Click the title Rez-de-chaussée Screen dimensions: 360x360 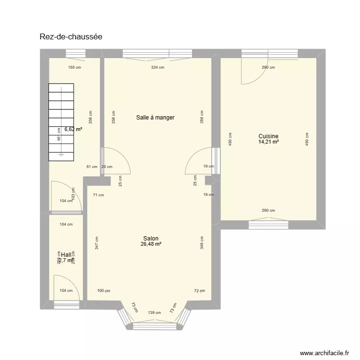click(x=71, y=36)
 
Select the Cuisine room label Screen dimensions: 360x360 click(x=268, y=136)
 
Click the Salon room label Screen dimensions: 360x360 click(x=151, y=239)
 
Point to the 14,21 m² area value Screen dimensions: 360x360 click(x=269, y=142)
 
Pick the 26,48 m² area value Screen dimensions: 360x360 click(x=151, y=244)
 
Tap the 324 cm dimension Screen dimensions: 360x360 click(x=157, y=68)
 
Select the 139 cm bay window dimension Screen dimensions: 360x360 click(x=155, y=312)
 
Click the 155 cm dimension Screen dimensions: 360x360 click(x=74, y=68)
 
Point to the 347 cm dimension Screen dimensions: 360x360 click(x=96, y=243)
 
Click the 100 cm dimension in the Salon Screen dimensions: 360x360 click(x=103, y=291)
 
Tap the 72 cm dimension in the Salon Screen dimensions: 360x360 click(x=199, y=291)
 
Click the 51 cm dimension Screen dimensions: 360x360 click(x=91, y=167)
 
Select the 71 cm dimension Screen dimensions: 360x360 click(x=98, y=195)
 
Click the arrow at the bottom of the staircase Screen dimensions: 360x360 click(x=61, y=155)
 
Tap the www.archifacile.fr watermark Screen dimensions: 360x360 click(x=324, y=353)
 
